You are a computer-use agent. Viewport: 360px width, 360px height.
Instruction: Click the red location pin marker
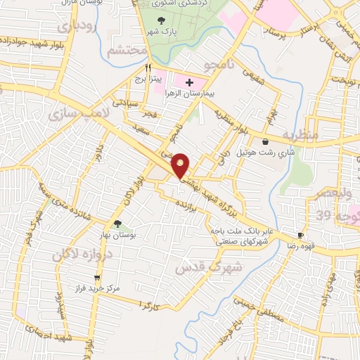click(x=181, y=166)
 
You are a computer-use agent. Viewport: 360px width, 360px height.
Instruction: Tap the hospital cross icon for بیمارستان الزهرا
click(x=189, y=83)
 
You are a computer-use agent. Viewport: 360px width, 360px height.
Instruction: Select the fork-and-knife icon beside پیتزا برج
click(x=148, y=68)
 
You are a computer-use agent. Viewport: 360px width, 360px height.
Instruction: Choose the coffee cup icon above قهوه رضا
click(x=301, y=235)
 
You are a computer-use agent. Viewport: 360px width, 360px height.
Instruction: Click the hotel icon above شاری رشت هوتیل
click(x=264, y=141)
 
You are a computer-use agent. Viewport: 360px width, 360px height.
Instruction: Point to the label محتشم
click(x=127, y=51)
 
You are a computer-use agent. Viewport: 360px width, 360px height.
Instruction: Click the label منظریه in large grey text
click(x=300, y=134)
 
